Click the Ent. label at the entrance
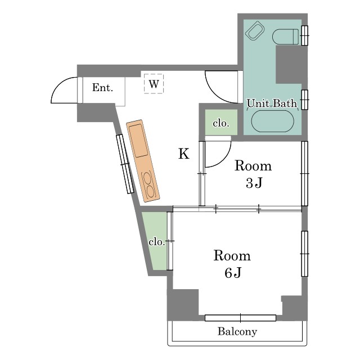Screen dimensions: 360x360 tap(102, 88)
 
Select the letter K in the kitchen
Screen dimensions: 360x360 tap(184, 154)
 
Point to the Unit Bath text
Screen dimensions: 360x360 tap(272, 103)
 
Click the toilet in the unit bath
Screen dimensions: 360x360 tap(285, 37)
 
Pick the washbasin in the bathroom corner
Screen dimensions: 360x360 tap(255, 31)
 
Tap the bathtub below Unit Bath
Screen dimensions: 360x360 tap(272, 121)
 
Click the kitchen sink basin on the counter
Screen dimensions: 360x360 tap(138, 140)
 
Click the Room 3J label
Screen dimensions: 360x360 tap(253, 174)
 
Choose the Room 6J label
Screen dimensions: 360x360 tap(232, 264)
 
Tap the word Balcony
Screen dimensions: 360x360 tap(237, 332)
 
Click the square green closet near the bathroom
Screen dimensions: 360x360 tap(221, 122)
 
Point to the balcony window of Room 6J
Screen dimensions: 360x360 tap(240, 318)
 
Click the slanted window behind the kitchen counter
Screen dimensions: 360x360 tap(125, 164)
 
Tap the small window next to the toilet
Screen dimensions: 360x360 tap(305, 35)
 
